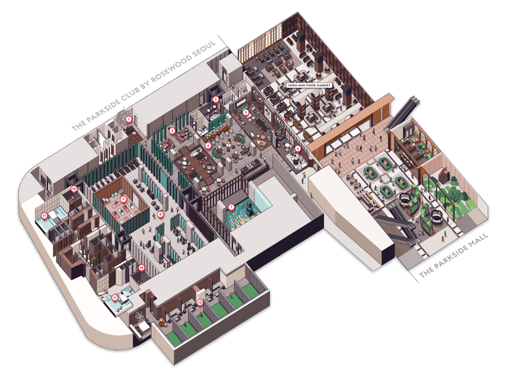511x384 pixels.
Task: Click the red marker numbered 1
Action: click(x=129, y=120)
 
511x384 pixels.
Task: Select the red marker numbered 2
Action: click(x=172, y=131)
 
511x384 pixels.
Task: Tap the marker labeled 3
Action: click(x=216, y=100)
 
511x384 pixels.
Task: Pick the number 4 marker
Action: click(x=208, y=146)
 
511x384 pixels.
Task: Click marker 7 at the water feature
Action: click(x=231, y=207)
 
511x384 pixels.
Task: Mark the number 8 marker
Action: click(x=160, y=215)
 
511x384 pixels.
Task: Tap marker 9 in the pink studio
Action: click(x=123, y=199)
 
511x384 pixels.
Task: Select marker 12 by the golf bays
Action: click(x=200, y=303)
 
